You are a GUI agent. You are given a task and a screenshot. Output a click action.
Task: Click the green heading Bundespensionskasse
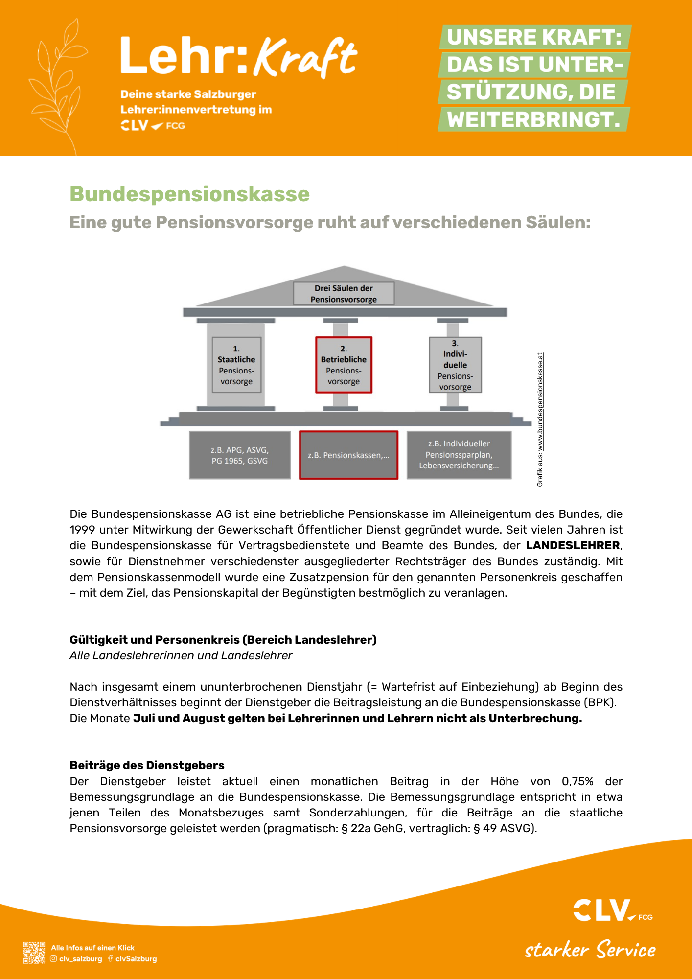189,194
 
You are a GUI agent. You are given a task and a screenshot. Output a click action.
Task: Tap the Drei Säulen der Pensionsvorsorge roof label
344,294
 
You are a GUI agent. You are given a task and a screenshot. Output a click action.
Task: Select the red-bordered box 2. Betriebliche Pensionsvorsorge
344,365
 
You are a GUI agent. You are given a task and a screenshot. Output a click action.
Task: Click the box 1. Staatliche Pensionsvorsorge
236,365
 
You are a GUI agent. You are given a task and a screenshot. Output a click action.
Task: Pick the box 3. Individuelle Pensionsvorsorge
455,365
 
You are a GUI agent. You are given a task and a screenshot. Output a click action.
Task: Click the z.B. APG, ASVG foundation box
240,455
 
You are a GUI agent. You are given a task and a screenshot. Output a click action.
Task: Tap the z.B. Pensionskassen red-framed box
348,455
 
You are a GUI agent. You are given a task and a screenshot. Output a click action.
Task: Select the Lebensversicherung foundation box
459,455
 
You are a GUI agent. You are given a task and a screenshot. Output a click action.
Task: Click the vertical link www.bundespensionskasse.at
540,401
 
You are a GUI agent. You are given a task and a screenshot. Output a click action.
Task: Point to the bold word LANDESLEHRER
573,545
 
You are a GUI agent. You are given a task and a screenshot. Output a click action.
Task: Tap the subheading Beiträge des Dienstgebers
147,765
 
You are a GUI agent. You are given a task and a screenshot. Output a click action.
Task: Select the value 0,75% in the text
577,781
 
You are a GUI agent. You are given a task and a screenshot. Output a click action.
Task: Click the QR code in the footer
34,953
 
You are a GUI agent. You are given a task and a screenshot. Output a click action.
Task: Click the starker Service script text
590,950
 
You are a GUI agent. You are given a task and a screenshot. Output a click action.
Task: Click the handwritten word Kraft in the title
306,58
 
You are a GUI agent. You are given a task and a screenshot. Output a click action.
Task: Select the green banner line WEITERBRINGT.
533,120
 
